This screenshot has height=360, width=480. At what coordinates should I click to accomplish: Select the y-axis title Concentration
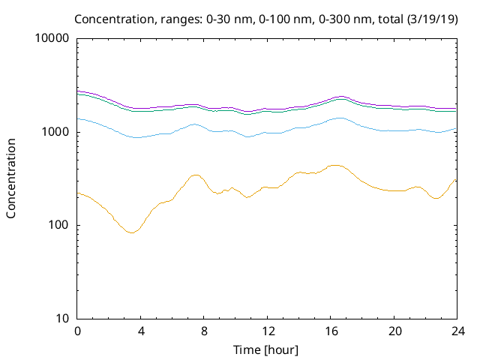click(x=12, y=178)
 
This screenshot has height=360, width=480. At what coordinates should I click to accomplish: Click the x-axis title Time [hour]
click(x=267, y=349)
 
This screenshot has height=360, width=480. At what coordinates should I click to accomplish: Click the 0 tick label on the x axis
click(x=77, y=331)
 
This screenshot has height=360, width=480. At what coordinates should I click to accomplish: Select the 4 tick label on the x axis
click(x=141, y=331)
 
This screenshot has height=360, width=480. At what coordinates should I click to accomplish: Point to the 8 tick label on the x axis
click(x=204, y=331)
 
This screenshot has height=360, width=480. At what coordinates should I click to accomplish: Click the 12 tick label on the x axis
click(x=268, y=331)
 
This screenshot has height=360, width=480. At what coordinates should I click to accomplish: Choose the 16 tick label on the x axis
click(x=331, y=331)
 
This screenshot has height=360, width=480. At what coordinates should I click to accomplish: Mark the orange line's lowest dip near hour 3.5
click(x=132, y=232)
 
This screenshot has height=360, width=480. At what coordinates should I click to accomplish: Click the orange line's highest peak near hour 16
click(x=334, y=165)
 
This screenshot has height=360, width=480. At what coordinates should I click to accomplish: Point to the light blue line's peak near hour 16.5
click(x=340, y=118)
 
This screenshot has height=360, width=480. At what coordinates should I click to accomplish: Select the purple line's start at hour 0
click(x=78, y=91)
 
